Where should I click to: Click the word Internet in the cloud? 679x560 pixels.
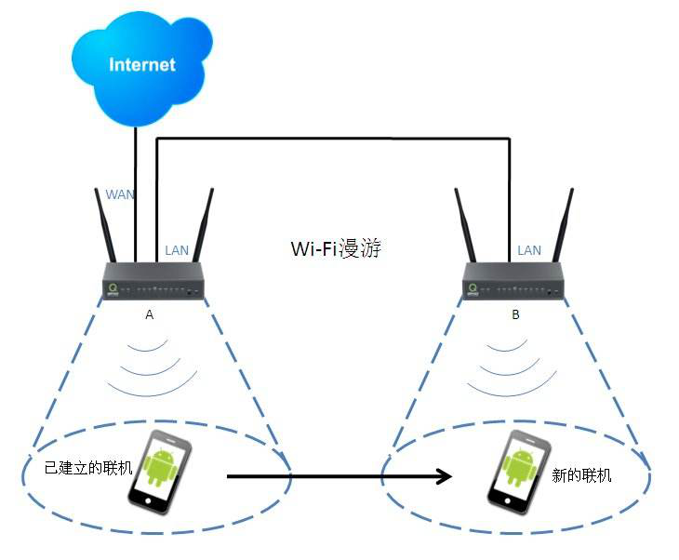[x=141, y=65]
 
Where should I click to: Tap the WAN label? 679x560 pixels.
[x=119, y=194]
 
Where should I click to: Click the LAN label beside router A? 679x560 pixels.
[x=177, y=250]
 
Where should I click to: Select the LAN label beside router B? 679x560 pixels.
[x=528, y=250]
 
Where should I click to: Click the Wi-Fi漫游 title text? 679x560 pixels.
[x=336, y=249]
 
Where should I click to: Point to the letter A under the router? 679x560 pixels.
[x=149, y=315]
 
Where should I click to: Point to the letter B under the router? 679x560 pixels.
[x=515, y=315]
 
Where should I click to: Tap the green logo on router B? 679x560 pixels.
[x=473, y=289]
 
